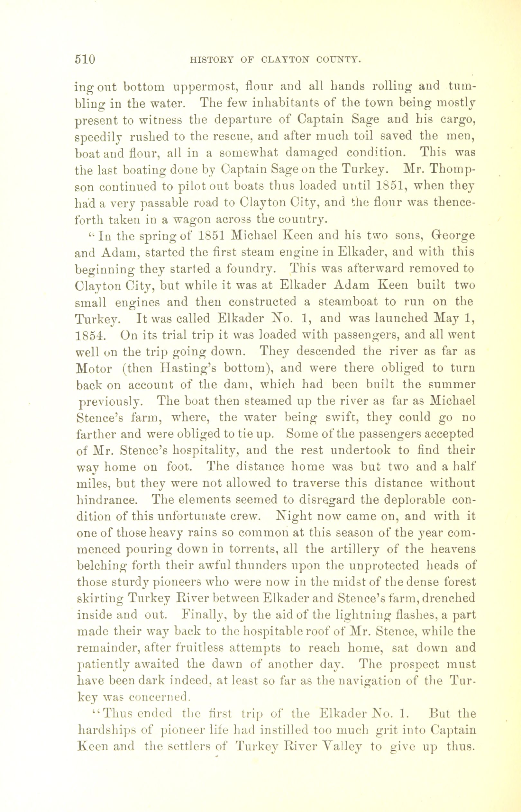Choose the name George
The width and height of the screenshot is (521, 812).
452,236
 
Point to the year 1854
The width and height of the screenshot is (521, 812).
91,335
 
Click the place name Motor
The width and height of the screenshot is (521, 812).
94,368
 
